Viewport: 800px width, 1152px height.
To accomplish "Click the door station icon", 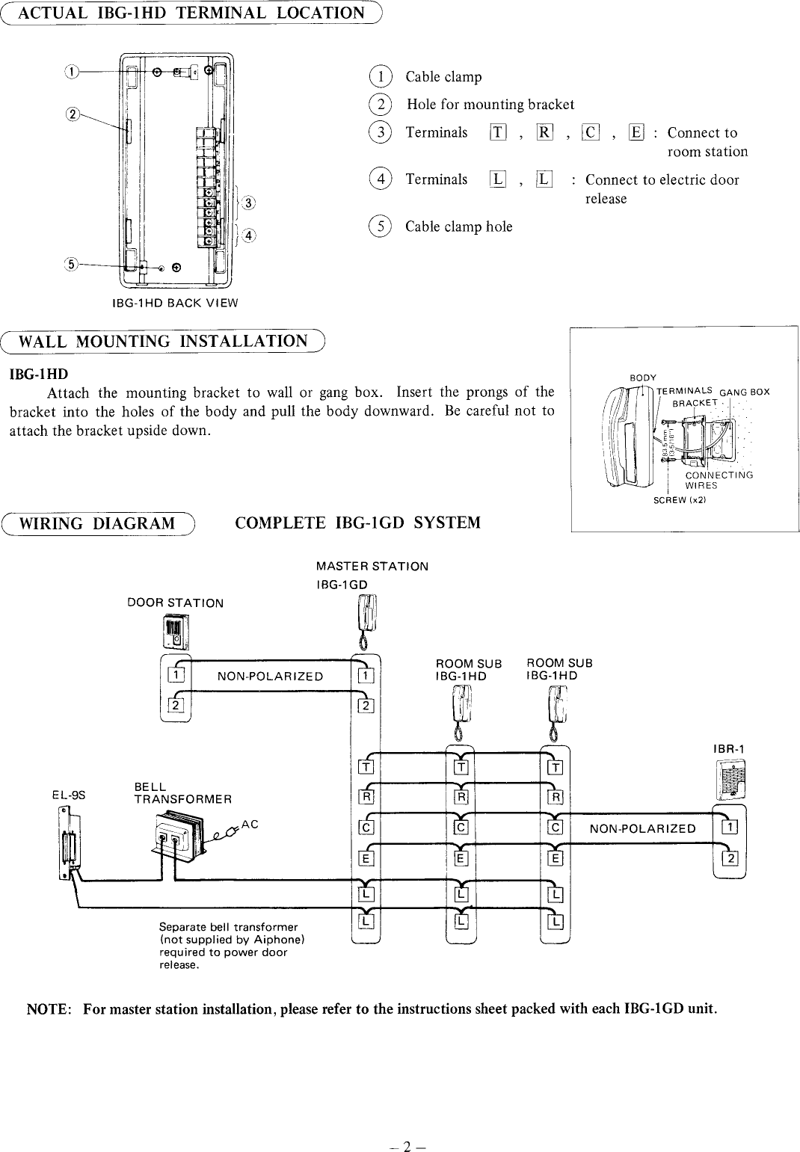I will pyautogui.click(x=176, y=631).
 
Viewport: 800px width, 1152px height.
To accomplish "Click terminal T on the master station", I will pyautogui.click(x=366, y=767).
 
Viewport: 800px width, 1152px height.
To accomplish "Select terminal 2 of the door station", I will pyautogui.click(x=176, y=705).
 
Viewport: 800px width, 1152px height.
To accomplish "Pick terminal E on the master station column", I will pyautogui.click(x=366, y=858).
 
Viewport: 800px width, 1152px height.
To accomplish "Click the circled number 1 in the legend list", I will pyautogui.click(x=381, y=76).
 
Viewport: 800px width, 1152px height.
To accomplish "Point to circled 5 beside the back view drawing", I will pyautogui.click(x=72, y=264).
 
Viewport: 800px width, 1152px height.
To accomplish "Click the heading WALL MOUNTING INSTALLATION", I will pyautogui.click(x=163, y=342).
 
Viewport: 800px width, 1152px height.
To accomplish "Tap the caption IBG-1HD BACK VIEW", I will pyautogui.click(x=174, y=303).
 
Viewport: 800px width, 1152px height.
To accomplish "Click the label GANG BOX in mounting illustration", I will pyautogui.click(x=744, y=392).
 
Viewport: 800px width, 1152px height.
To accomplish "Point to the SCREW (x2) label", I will pyautogui.click(x=680, y=500).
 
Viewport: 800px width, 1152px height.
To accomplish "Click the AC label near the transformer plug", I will pyautogui.click(x=250, y=823).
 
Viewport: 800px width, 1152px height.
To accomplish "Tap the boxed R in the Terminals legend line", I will pyautogui.click(x=544, y=133).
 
